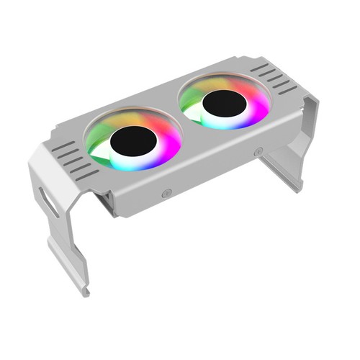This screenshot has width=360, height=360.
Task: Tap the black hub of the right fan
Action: point(224,103)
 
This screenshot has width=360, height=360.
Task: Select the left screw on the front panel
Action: point(167,192)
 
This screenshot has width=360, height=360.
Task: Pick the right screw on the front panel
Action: point(258,152)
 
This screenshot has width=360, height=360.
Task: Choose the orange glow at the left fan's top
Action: point(130,115)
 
